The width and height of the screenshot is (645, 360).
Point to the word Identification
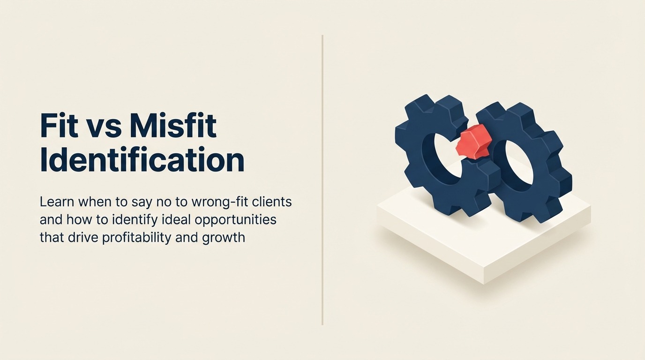[x=142, y=160]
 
